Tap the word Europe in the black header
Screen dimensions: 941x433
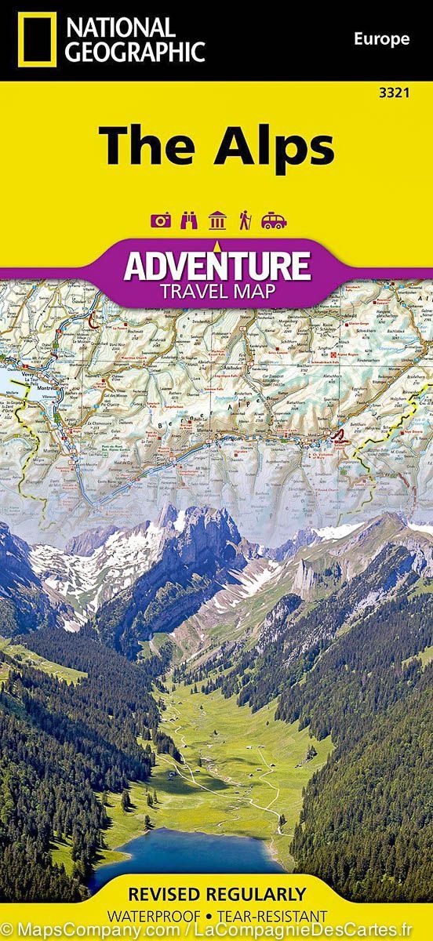click(x=381, y=38)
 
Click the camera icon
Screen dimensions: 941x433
click(x=162, y=221)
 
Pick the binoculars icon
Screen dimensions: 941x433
click(x=189, y=221)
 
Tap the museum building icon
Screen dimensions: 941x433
click(x=217, y=221)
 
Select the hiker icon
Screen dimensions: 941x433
click(x=245, y=221)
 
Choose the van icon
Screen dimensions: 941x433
click(x=274, y=221)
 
